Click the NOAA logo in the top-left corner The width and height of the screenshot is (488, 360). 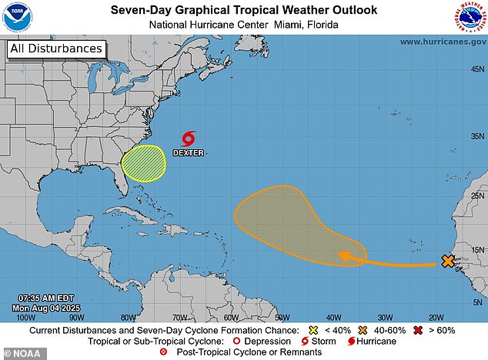coord(16,16)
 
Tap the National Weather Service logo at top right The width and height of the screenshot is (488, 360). coord(470,17)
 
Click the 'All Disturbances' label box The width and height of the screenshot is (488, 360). coord(55,49)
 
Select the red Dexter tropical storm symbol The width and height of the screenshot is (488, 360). coord(188,138)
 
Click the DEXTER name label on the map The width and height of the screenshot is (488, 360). coord(188,152)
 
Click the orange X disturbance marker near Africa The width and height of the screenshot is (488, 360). coord(448,262)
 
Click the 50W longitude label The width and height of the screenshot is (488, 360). coord(282,317)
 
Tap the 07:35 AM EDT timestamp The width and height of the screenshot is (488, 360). coord(45,297)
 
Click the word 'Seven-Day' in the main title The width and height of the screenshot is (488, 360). coord(139,10)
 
